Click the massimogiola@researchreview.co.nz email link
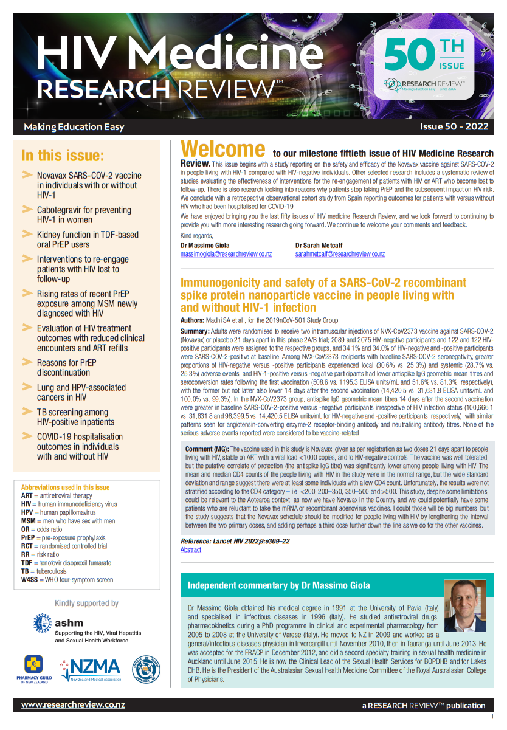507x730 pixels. click(x=226, y=253)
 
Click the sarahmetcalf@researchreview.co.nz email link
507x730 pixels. click(x=340, y=253)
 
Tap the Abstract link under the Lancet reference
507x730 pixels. click(x=190, y=549)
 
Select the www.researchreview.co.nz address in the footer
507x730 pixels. click(x=73, y=705)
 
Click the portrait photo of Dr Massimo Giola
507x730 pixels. click(x=464, y=605)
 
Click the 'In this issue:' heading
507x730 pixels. click(x=63, y=156)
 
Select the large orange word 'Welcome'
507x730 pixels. click(x=223, y=150)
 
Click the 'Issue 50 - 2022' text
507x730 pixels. click(x=454, y=127)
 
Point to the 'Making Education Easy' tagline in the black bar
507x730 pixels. click(x=74, y=127)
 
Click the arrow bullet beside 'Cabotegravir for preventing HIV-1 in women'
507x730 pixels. click(x=27, y=210)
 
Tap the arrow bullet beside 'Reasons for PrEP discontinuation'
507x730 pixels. click(x=27, y=362)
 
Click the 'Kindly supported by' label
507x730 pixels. click(x=86, y=603)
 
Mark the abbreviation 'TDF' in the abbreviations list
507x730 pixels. click(x=28, y=563)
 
